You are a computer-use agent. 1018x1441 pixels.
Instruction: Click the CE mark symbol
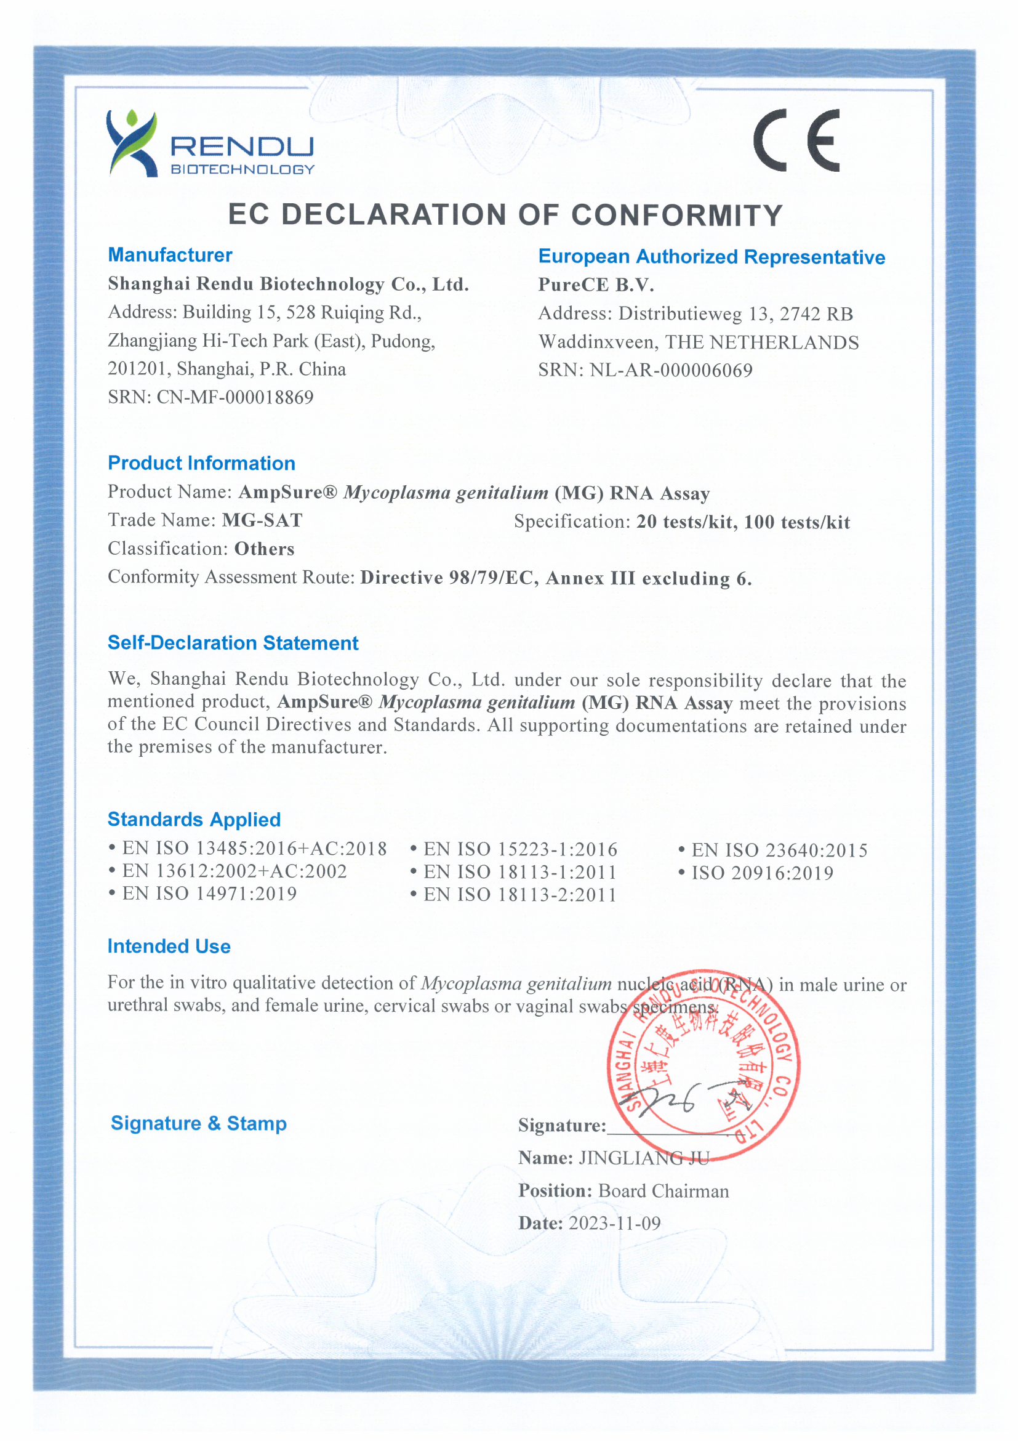pos(796,140)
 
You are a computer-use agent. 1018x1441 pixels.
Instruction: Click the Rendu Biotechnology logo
pos(210,143)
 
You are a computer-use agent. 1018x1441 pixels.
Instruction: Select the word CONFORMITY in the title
pos(677,216)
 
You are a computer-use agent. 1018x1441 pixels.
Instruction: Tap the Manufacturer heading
pos(170,255)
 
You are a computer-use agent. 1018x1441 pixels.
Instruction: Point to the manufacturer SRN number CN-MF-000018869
pos(234,397)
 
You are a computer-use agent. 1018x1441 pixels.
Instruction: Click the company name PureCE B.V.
pos(596,285)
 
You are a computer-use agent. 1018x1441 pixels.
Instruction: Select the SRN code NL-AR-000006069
pos(670,370)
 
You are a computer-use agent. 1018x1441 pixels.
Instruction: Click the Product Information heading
pos(201,463)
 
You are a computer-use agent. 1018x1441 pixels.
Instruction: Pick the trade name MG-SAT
pos(262,520)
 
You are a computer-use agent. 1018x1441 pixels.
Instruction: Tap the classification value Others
pos(264,549)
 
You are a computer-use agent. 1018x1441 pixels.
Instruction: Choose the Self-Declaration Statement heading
pos(233,644)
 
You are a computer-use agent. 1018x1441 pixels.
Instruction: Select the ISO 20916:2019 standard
pos(762,873)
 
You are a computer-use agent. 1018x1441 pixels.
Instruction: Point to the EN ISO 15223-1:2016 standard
pos(520,850)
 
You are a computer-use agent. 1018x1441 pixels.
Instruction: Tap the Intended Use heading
pos(169,947)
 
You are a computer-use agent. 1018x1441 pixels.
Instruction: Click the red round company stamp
pos(703,1067)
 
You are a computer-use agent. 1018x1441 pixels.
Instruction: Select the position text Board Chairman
pos(663,1191)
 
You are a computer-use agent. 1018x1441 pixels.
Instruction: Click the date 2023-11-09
pos(614,1223)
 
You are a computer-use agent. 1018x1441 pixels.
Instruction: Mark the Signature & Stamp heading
pos(198,1123)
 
